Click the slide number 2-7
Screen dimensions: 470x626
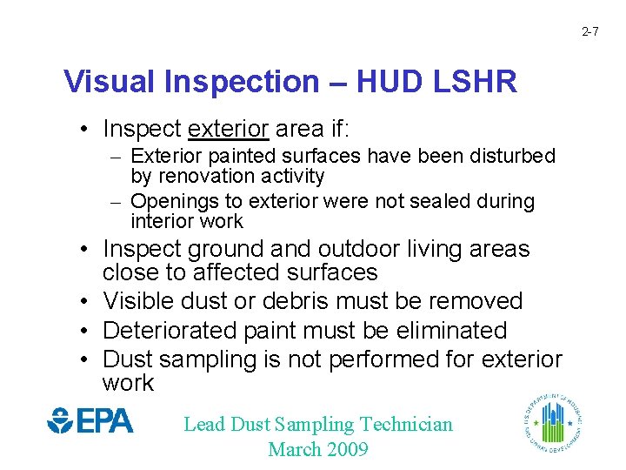(589, 32)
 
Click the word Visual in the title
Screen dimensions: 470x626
(103, 82)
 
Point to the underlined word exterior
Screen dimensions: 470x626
(228, 130)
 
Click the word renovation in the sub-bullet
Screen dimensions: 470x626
(203, 177)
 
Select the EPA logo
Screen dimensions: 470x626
(90, 421)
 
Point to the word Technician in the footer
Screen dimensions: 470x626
(406, 425)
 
